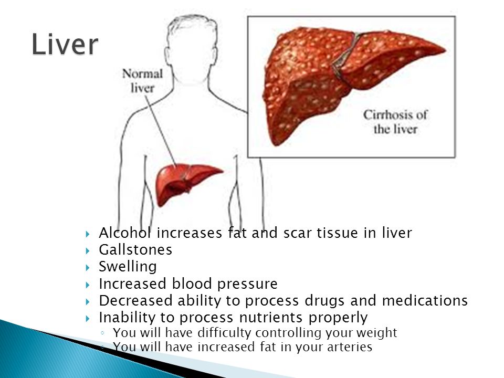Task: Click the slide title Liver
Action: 65,44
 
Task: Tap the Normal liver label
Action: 142,81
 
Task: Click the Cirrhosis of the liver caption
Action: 395,122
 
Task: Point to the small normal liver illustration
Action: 188,184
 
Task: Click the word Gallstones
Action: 135,250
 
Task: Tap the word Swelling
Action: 128,267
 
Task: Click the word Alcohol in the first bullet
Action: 125,233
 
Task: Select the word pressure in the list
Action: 247,284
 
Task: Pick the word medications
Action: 425,300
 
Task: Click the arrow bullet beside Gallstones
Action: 88,250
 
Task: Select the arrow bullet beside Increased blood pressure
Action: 88,285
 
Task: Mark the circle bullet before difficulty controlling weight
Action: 102,333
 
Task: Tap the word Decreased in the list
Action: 135,300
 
